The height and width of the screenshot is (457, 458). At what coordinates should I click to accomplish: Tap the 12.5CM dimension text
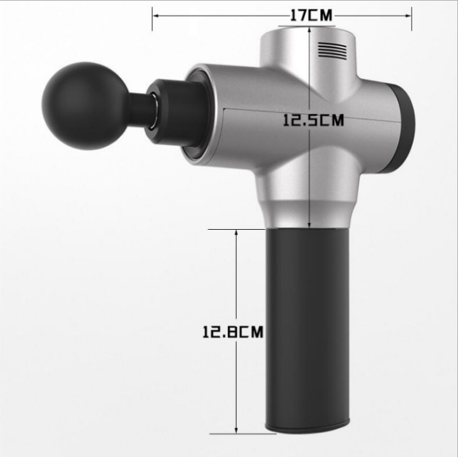313,120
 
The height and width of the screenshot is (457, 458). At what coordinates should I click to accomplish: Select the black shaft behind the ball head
140,107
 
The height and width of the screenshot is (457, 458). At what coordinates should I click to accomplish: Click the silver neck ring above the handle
307,213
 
